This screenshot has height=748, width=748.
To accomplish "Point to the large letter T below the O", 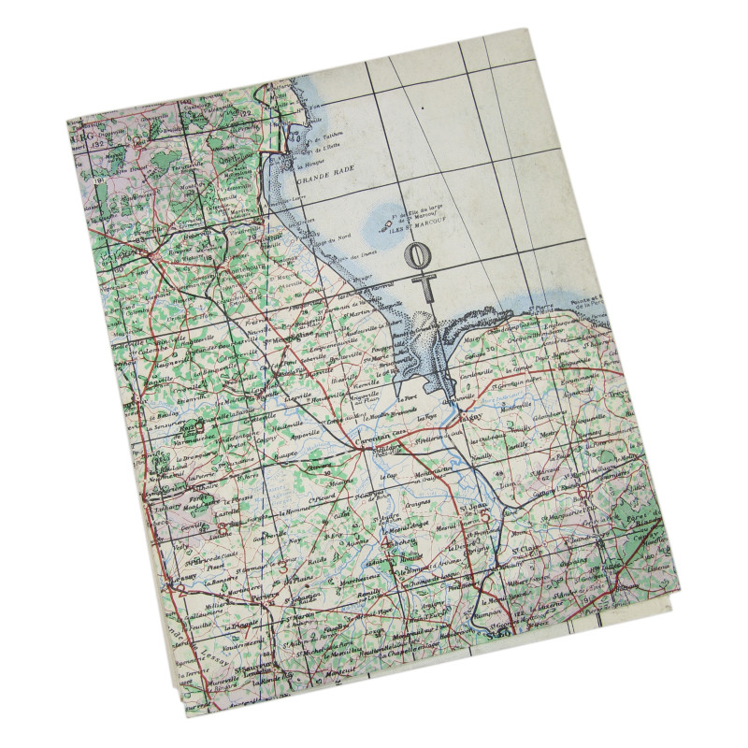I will click(x=426, y=285).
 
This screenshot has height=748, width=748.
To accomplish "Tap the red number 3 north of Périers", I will click(x=281, y=566).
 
